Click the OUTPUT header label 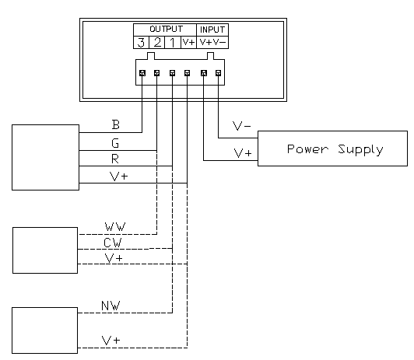166,29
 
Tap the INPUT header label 212,30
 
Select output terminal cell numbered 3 142,42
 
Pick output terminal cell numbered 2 157,42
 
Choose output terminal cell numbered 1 173,42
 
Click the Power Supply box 332,149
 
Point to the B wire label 116,124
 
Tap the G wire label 115,143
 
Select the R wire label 115,159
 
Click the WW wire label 115,227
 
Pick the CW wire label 113,243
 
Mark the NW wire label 111,306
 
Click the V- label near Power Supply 241,126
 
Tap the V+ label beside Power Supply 243,153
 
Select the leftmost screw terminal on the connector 142,73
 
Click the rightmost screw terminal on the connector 218,73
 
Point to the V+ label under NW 111,341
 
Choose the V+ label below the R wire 118,177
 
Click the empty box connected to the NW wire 44,330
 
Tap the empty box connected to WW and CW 45,250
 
